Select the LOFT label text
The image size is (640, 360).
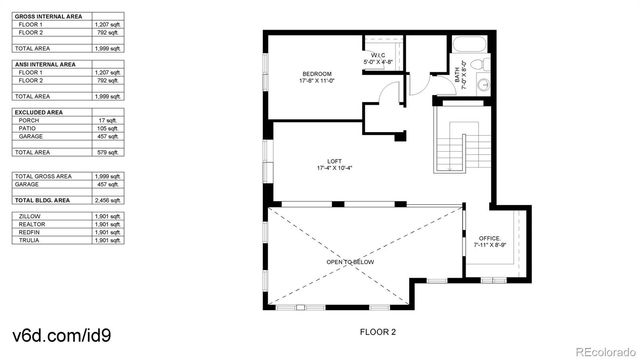[x=335, y=162]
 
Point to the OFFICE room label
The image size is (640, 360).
[x=489, y=238]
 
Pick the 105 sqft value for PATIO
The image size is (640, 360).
[x=107, y=128]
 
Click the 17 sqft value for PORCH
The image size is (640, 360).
[x=107, y=119]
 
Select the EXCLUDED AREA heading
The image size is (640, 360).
[x=39, y=110]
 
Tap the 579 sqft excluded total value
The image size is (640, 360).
[x=106, y=151]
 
